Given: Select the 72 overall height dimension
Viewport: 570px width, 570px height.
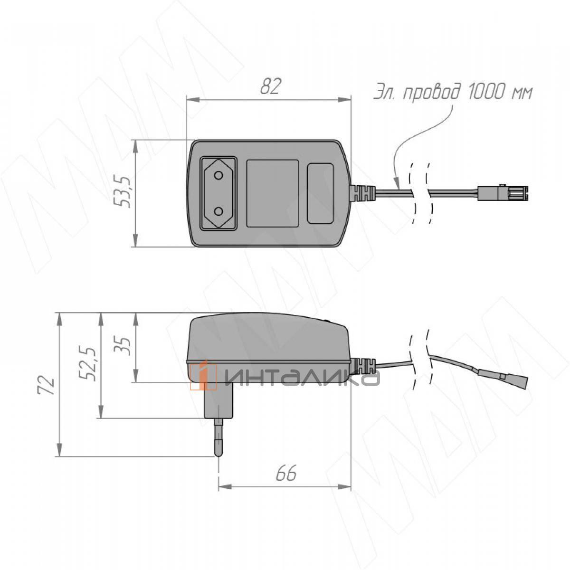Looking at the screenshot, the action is coord(47,386).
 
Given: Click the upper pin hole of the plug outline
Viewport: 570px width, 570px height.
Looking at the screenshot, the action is coord(218,176).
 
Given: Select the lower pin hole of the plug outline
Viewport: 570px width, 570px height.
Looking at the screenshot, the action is coord(218,211).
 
